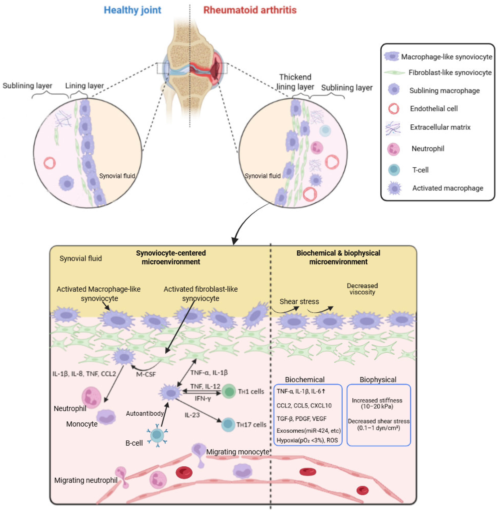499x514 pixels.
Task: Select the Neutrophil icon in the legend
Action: tap(393, 149)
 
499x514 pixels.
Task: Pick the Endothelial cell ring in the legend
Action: tap(394, 109)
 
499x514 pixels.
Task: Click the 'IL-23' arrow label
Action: tap(192, 415)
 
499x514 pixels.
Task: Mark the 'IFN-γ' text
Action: tap(203, 399)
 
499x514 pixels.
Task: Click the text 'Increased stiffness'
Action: tap(377, 400)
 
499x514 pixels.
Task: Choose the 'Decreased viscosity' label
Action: tap(362, 289)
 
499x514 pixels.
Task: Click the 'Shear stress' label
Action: tap(299, 302)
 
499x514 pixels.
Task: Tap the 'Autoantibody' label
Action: tap(145, 414)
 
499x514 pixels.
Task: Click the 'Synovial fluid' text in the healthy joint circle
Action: tap(117, 176)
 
